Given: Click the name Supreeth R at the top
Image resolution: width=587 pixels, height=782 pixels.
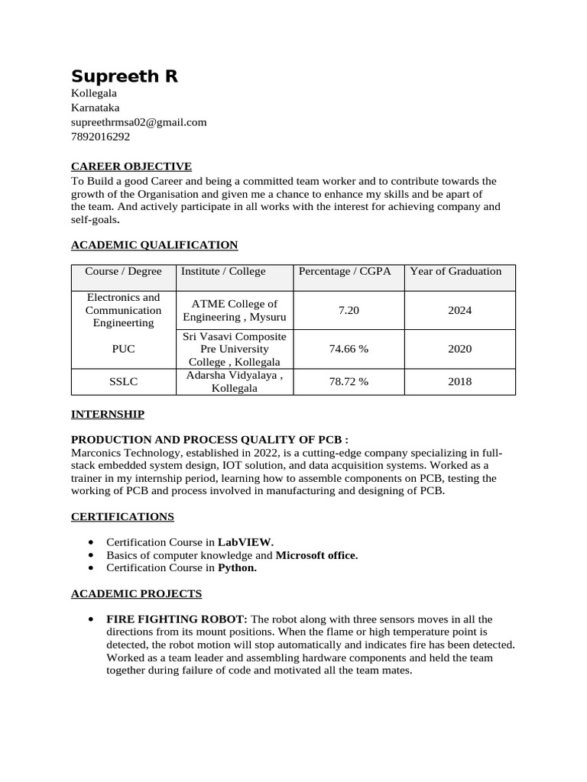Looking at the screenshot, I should pyautogui.click(x=125, y=76).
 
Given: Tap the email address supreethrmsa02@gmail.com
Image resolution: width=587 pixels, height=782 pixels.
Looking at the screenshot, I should pyautogui.click(x=139, y=122).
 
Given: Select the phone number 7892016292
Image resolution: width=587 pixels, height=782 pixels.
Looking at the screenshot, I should pyautogui.click(x=100, y=137).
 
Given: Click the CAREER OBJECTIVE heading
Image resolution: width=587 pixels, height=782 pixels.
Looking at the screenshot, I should pyautogui.click(x=131, y=166).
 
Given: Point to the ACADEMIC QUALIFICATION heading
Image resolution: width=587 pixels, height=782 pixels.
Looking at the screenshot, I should pyautogui.click(x=154, y=245).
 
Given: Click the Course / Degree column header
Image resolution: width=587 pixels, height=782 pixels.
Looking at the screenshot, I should pyautogui.click(x=123, y=271).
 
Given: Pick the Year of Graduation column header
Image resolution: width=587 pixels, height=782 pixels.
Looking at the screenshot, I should pyautogui.click(x=456, y=271).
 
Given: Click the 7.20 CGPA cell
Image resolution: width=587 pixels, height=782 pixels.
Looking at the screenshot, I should pyautogui.click(x=349, y=310).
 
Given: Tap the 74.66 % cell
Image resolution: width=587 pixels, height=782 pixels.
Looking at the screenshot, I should pyautogui.click(x=349, y=349).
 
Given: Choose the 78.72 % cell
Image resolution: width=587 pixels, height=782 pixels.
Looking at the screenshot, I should pyautogui.click(x=349, y=382).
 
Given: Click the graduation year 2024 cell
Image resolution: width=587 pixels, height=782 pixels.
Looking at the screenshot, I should pyautogui.click(x=460, y=310).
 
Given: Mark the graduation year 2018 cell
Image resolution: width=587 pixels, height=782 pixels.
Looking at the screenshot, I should pyautogui.click(x=460, y=382).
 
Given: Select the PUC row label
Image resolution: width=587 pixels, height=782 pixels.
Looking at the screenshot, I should pyautogui.click(x=123, y=349).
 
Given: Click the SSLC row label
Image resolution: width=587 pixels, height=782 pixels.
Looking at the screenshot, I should pyautogui.click(x=123, y=382).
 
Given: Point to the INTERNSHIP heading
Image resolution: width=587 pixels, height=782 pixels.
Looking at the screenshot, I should pyautogui.click(x=108, y=414).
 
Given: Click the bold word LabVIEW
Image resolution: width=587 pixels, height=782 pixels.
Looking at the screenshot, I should pyautogui.click(x=245, y=541).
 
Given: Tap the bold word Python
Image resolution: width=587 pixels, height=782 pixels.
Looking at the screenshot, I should pyautogui.click(x=237, y=567).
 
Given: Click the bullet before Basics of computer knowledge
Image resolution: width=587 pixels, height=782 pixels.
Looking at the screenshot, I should pyautogui.click(x=92, y=555).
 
